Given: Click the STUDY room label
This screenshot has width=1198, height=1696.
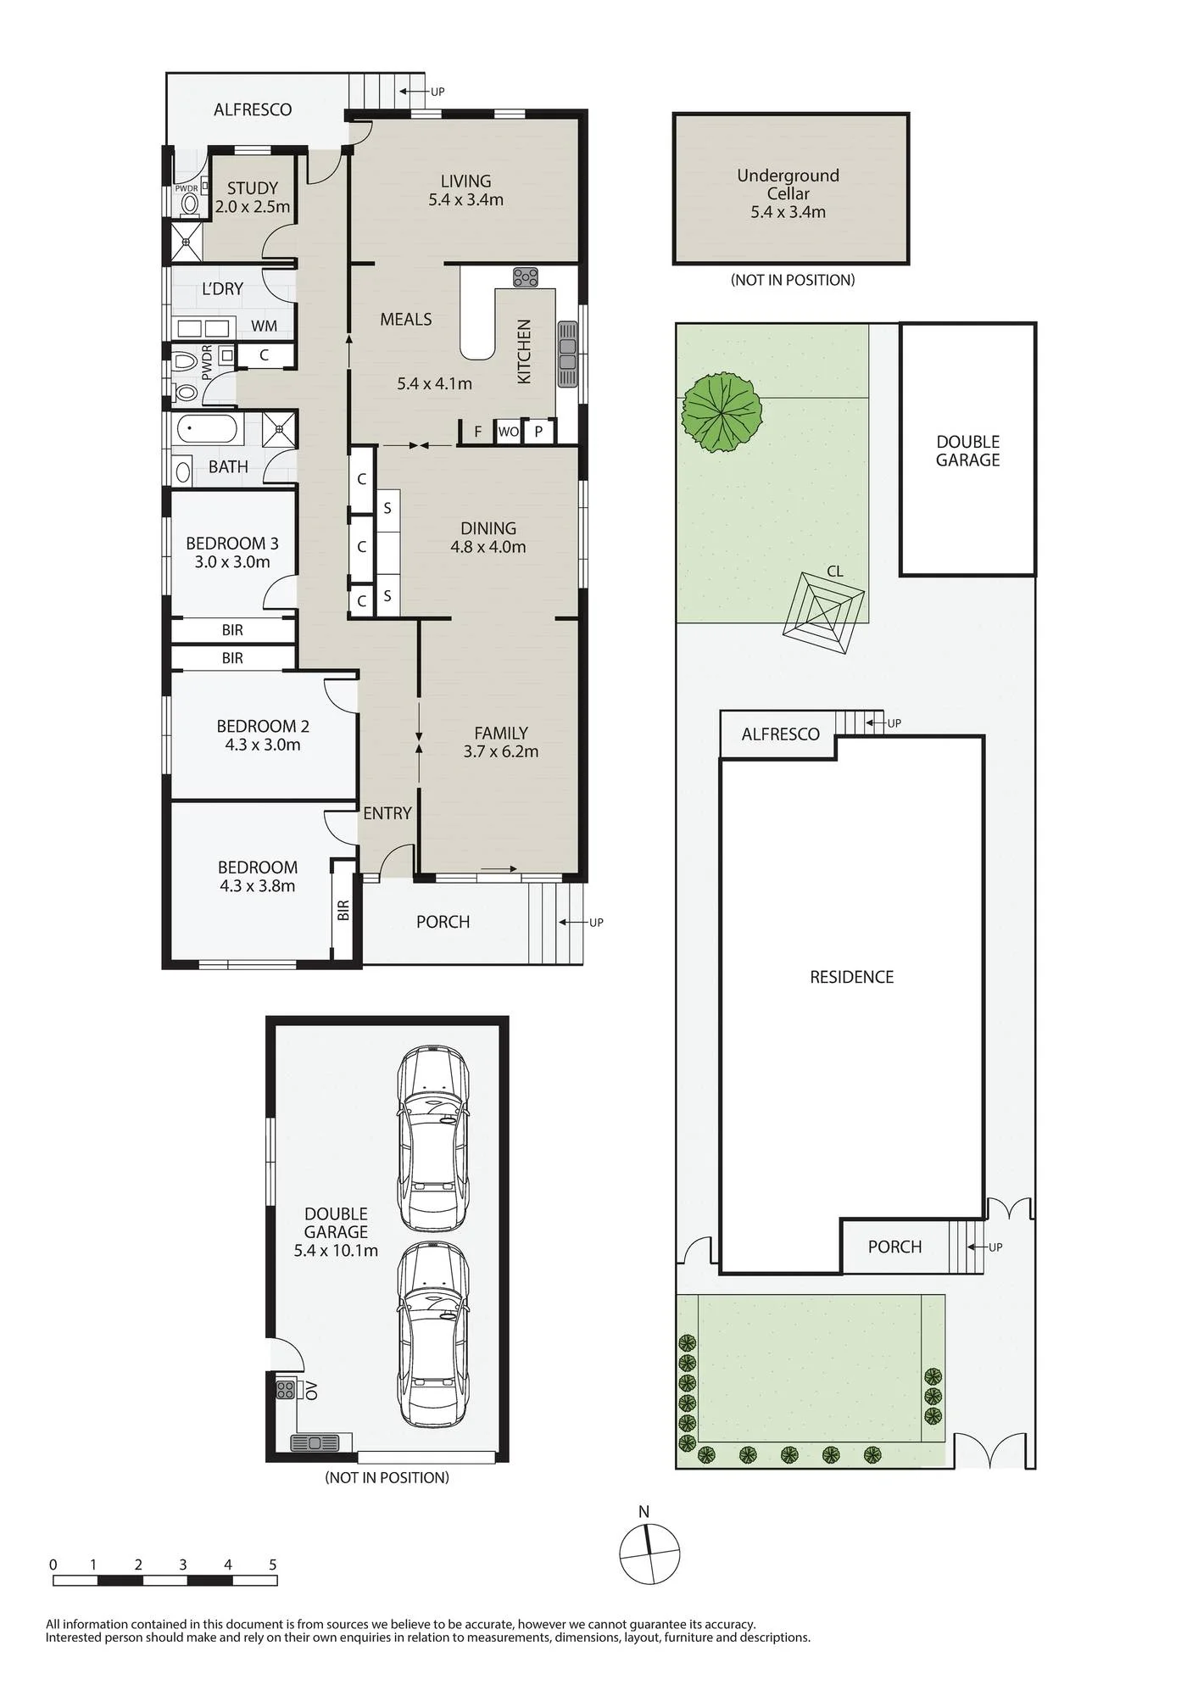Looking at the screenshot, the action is (253, 188).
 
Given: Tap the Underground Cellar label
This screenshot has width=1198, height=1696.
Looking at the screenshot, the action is (788, 184).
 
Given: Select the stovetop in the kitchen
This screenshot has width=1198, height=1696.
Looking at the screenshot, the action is (526, 277).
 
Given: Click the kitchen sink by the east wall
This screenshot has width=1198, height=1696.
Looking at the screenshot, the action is (567, 354).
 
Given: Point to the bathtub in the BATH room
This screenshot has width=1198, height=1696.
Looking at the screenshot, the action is (207, 428).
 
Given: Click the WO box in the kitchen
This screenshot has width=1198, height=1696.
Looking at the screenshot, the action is (509, 432).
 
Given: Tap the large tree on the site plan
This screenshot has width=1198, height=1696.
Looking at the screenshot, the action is (722, 412).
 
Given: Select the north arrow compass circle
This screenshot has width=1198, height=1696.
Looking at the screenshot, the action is (649, 1554).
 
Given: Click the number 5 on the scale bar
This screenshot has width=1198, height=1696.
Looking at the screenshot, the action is (273, 1565).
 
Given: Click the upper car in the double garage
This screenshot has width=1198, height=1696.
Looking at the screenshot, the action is (433, 1138).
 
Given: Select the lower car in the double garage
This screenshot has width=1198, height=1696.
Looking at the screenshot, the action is (433, 1335).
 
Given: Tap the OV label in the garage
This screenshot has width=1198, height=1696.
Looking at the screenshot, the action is (311, 1390).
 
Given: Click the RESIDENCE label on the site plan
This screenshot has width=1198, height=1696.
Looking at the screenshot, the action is (852, 977).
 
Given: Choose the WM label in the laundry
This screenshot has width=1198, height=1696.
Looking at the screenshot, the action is (264, 326).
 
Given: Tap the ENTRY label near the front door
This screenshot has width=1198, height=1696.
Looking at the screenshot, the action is (387, 813).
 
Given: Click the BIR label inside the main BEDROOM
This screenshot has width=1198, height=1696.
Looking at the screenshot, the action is (343, 911).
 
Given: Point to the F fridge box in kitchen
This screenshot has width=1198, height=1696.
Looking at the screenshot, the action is (478, 432).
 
